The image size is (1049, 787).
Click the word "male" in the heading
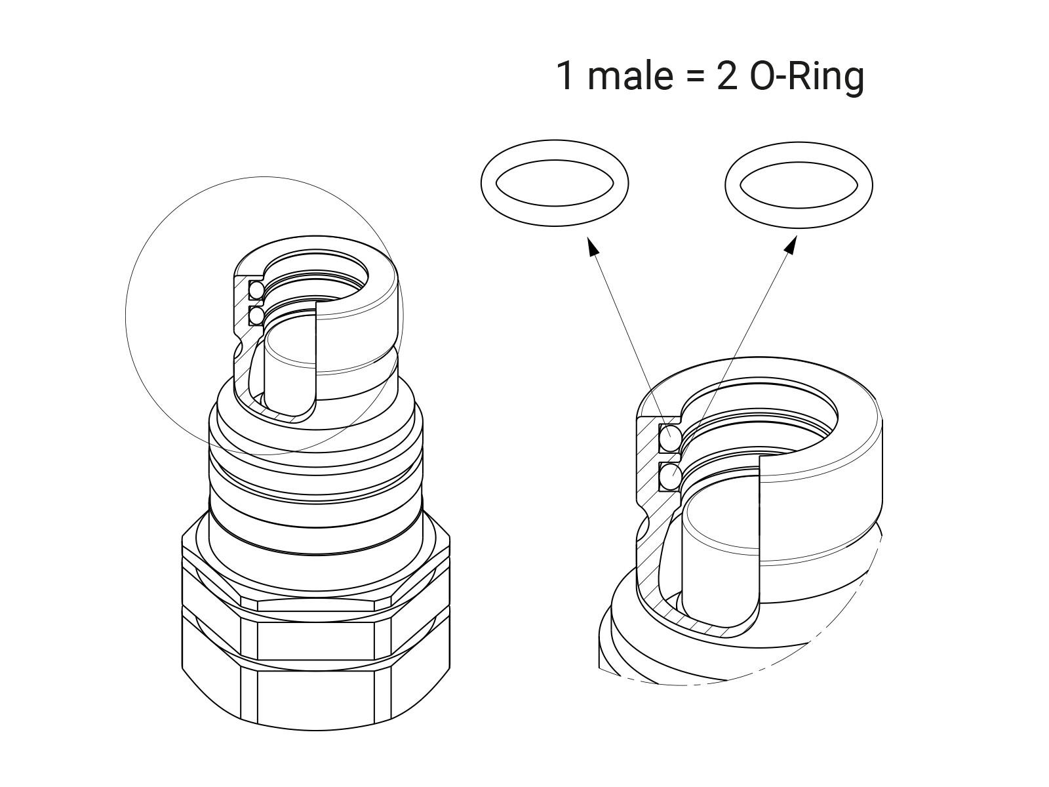[x=629, y=76]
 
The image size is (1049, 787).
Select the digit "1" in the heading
[x=566, y=76]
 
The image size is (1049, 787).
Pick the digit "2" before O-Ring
[x=727, y=76]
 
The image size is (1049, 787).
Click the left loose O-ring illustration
[x=555, y=182]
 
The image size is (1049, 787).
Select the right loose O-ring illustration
[x=799, y=182]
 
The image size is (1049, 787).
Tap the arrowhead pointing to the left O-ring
[x=593, y=246]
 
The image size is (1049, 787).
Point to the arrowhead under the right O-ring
[x=790, y=245]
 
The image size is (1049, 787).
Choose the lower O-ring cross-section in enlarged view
[x=669, y=476]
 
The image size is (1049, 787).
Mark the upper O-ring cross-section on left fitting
[x=256, y=290]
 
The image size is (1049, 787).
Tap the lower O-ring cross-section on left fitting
[x=256, y=316]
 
